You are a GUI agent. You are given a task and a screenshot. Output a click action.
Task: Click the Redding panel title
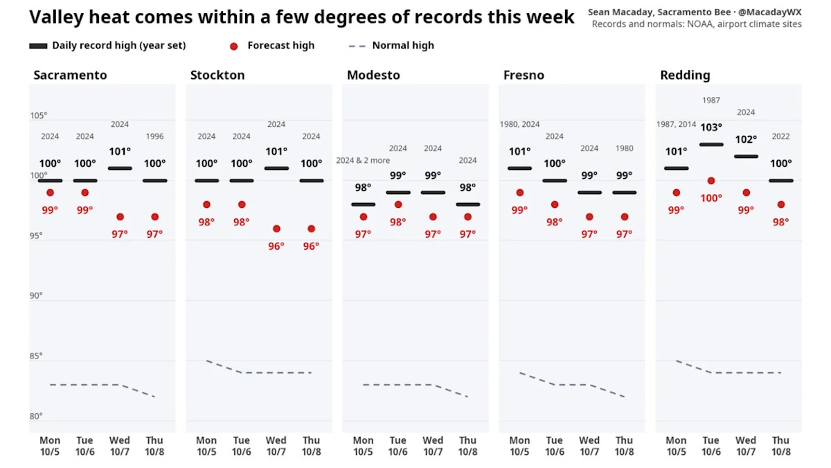[x=685, y=75]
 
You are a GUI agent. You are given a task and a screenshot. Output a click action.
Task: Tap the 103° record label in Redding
[x=711, y=128]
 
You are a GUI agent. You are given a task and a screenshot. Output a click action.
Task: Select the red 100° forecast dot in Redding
[x=711, y=181]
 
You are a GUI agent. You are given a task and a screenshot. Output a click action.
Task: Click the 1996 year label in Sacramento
[x=154, y=137]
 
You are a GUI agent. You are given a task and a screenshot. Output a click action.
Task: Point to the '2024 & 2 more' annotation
[x=363, y=160]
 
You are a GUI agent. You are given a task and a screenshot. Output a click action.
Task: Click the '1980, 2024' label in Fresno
[x=519, y=124]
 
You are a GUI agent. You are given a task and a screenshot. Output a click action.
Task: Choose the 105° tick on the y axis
[x=39, y=116]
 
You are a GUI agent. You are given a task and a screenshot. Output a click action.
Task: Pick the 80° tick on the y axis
[x=36, y=416]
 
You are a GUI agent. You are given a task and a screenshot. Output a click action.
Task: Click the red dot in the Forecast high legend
[x=234, y=46]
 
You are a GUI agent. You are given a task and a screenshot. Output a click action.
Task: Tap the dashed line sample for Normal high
[x=357, y=46]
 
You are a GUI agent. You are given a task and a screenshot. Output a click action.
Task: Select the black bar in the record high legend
[x=38, y=46]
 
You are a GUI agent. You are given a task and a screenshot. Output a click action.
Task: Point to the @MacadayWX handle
[x=770, y=12]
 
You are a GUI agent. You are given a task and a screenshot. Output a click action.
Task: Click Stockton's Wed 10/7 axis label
[x=276, y=446]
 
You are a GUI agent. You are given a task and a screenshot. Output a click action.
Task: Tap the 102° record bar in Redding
[x=746, y=157]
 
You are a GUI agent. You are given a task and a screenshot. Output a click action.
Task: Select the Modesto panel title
[x=373, y=75]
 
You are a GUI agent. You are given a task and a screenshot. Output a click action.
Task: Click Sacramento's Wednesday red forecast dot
[x=120, y=217]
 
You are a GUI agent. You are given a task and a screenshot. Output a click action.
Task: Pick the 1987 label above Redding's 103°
[x=711, y=101]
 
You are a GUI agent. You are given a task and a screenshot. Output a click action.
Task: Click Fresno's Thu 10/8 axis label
[x=625, y=446]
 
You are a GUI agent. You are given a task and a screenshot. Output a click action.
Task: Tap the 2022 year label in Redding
[x=780, y=137]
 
